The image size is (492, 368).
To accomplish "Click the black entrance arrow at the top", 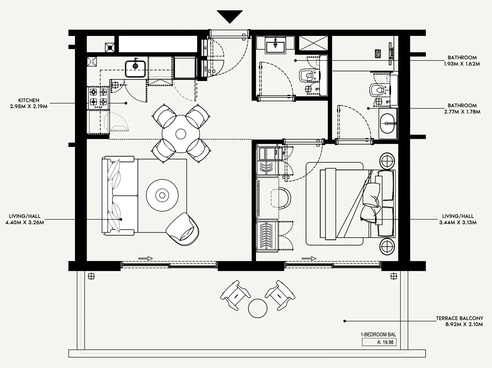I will pyautogui.click(x=229, y=16).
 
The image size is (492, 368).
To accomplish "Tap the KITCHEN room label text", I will pyautogui.click(x=29, y=100).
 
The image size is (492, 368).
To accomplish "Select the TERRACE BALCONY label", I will pyautogui.click(x=460, y=318).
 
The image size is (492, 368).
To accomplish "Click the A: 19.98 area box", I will pyautogui.click(x=379, y=342).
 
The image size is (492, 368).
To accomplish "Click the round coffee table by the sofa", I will pyautogui.click(x=162, y=195).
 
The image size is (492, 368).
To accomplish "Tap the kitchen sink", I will pyautogui.click(x=135, y=68).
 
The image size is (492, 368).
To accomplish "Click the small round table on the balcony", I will pyautogui.click(x=258, y=308).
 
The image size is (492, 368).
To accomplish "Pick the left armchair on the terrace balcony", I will pyautogui.click(x=235, y=295).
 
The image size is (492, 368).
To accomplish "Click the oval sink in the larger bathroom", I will pyautogui.click(x=388, y=124).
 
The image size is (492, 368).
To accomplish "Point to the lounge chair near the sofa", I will pyautogui.click(x=183, y=229).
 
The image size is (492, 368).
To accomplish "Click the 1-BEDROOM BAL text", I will pyautogui.click(x=378, y=335).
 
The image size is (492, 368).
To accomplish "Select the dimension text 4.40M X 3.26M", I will pyautogui.click(x=25, y=223).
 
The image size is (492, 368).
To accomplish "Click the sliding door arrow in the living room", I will pyautogui.click(x=145, y=259).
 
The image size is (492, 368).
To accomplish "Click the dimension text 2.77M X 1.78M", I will pyautogui.click(x=462, y=112).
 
